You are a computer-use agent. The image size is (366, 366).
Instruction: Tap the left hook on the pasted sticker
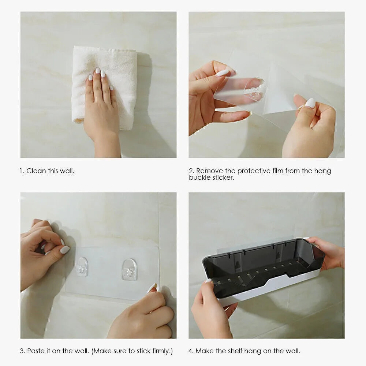point(82,266)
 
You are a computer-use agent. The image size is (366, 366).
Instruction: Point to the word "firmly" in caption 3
point(161,351)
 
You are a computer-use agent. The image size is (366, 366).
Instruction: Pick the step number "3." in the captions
point(22,351)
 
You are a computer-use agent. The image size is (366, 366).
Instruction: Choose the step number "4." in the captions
point(191,351)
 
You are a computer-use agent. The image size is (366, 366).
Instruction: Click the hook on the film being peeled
point(255,89)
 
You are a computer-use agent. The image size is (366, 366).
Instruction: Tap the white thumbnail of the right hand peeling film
point(310,103)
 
